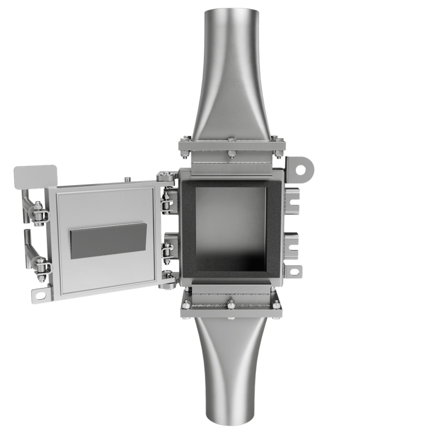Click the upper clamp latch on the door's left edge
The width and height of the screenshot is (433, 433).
click(38, 215)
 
